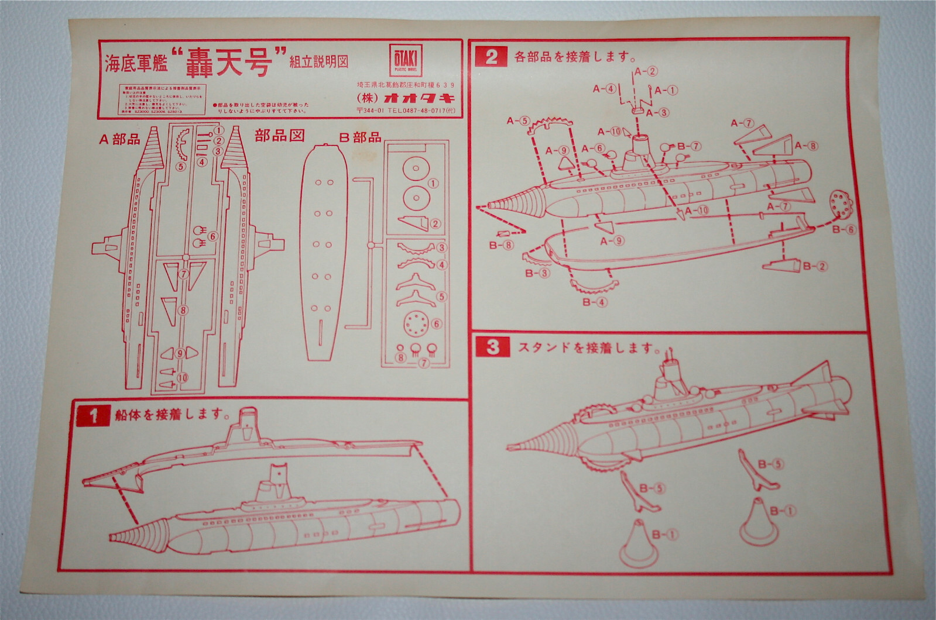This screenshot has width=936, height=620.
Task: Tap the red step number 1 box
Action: click(92, 415)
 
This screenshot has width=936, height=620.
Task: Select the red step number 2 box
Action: click(491, 56)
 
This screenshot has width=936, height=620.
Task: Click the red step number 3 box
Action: click(493, 347)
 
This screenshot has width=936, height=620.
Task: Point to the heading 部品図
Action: click(279, 136)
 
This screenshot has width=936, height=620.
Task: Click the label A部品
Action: click(119, 139)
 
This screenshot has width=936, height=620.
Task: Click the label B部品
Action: click(360, 137)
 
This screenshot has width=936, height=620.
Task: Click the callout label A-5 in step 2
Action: click(517, 121)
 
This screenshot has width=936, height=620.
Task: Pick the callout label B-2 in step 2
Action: click(814, 267)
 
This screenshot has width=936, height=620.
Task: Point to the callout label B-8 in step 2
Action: click(501, 245)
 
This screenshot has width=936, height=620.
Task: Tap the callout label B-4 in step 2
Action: click(595, 302)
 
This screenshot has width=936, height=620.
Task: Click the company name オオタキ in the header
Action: click(420, 97)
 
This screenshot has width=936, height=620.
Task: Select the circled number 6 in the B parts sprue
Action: click(436, 324)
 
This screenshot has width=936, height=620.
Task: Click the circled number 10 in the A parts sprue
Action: click(183, 378)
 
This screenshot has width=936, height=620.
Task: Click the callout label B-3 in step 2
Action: click(536, 273)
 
